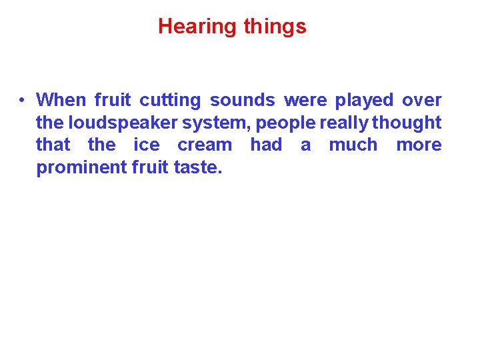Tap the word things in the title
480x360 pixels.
click(275, 27)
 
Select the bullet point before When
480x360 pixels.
click(22, 101)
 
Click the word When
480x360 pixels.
click(61, 101)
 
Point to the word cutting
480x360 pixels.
click(170, 101)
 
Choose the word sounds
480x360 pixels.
click(242, 101)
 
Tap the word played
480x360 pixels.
click(364, 101)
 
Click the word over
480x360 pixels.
click(421, 101)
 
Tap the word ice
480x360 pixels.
click(147, 145)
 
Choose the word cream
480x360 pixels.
click(205, 145)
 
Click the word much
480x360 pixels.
click(353, 145)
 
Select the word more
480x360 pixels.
click(419, 145)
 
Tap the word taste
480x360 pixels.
click(197, 167)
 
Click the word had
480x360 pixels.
click(266, 145)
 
